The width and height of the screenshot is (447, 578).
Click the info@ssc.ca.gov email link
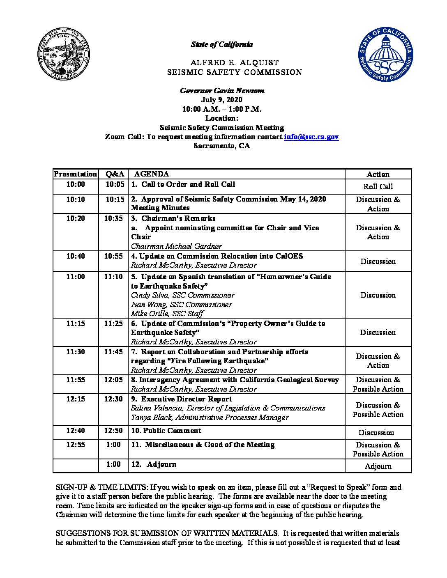[311, 137]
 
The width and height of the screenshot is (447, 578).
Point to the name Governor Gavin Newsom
[222, 91]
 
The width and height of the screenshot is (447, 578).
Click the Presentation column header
[76, 174]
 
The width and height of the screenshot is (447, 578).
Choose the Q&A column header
[113, 174]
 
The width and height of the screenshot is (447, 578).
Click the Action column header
[378, 174]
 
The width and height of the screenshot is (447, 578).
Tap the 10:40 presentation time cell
[76, 256]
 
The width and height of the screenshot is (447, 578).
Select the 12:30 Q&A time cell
[113, 399]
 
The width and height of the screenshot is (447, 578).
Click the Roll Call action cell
[378, 187]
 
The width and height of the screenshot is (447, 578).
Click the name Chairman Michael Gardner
[176, 246]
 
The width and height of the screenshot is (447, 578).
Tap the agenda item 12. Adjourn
[154, 464]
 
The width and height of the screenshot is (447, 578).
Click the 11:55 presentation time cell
[76, 380]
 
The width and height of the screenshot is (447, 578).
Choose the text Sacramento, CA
[222, 146]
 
